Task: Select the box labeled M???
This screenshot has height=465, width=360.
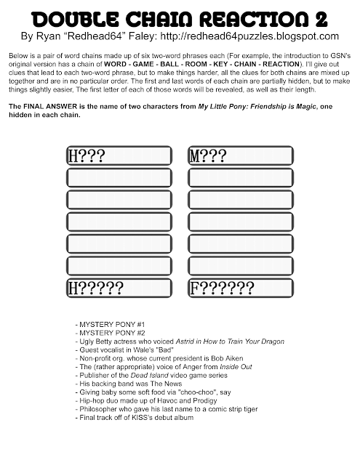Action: click(x=240, y=155)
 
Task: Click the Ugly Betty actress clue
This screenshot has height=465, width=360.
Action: click(x=179, y=341)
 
